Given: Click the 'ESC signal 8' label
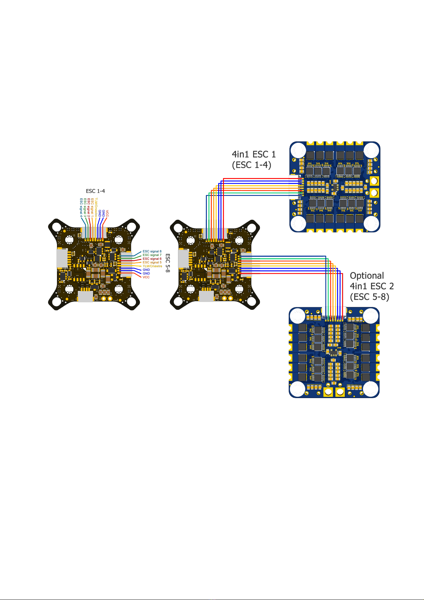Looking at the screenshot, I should point(152,251).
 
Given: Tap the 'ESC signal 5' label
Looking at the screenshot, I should point(152,262).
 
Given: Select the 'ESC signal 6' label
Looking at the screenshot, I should point(152,259).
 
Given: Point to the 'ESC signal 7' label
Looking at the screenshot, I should point(152,255).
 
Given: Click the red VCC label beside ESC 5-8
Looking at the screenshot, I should point(146,277).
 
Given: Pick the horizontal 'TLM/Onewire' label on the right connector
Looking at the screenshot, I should point(152,266).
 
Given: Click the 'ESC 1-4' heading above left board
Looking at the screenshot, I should point(95,191).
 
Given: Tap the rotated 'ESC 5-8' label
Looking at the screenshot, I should point(168,263).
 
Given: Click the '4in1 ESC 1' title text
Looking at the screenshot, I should point(254,154).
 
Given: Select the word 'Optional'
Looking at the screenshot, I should point(367,276).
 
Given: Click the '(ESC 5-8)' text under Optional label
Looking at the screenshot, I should point(370,297).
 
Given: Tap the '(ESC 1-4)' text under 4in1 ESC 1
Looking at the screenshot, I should point(251,165).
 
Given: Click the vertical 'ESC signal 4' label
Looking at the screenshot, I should point(81,208).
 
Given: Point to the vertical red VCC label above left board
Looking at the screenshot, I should point(107,214).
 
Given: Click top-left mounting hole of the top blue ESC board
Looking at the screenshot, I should point(298,150).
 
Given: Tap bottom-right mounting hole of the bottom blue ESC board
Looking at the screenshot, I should point(370,389).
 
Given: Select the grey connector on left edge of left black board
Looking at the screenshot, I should point(62,258).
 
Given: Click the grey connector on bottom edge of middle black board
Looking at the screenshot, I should point(206,297).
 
